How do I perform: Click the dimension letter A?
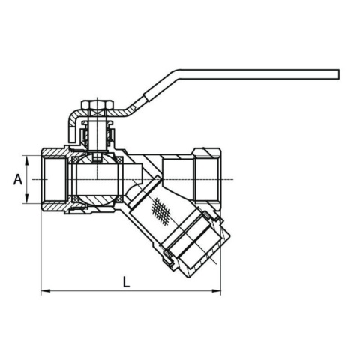click(18, 180)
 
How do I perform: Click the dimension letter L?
click(127, 281)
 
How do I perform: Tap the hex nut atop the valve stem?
click(97, 104)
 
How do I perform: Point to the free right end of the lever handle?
click(338, 74)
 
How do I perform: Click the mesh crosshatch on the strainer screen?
click(161, 211)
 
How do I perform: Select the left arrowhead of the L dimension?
click(46, 291)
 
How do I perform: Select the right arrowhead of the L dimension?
click(216, 291)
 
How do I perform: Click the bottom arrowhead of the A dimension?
click(27, 199)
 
